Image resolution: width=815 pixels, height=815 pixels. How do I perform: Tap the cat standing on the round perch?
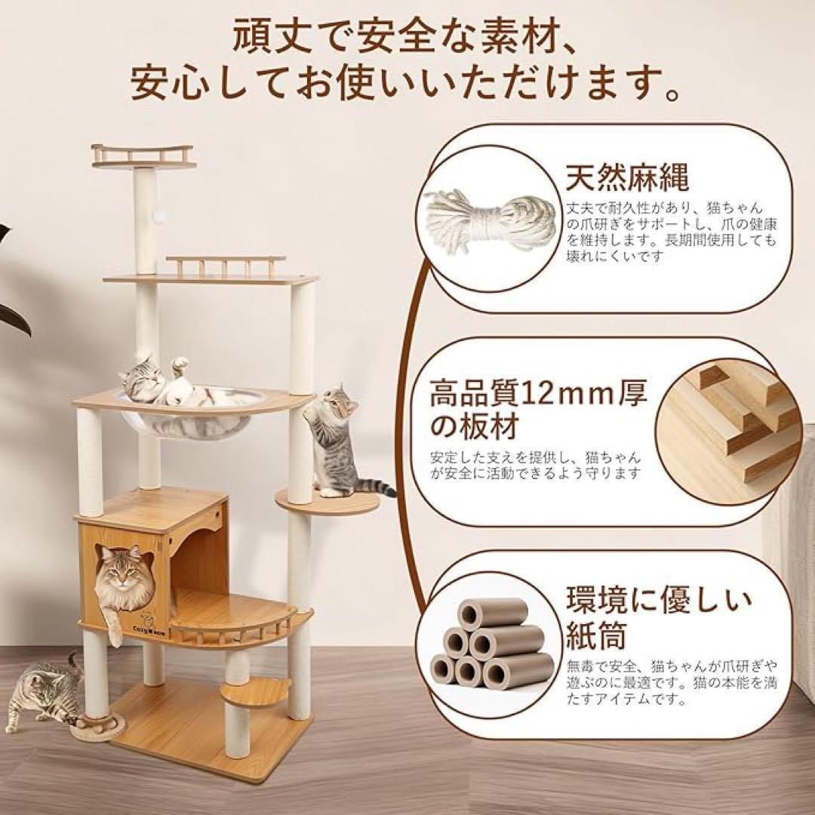pyautogui.click(x=334, y=441)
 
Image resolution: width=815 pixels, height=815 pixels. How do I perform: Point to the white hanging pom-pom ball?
pyautogui.click(x=159, y=216)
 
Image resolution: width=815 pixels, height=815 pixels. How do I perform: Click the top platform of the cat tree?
pyautogui.click(x=143, y=155)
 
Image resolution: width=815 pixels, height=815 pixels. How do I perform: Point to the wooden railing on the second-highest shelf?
pyautogui.click(x=225, y=266)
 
